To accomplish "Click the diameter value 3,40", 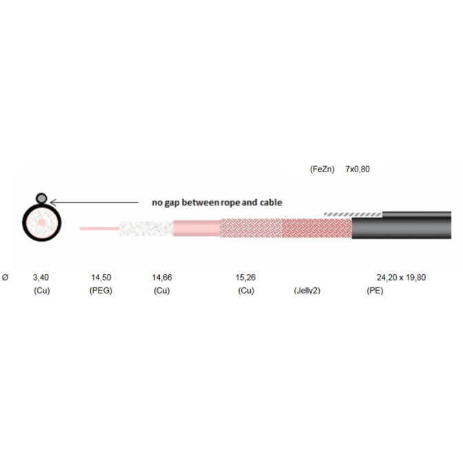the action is (41, 278).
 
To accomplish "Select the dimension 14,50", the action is (101, 278).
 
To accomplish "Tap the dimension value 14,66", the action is (162, 278).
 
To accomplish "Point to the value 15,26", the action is (245, 278).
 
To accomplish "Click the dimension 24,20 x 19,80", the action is (401, 278).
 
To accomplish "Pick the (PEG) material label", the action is (101, 291).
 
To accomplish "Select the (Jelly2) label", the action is (307, 291).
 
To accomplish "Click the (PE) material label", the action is (375, 291).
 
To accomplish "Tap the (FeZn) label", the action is (322, 169).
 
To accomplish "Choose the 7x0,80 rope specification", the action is (358, 169).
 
